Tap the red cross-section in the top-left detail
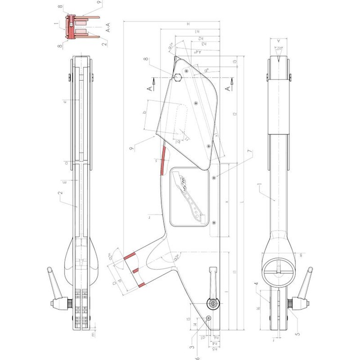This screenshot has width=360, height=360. click(x=71, y=27)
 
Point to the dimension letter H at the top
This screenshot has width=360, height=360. click(x=187, y=23)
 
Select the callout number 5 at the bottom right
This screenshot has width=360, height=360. click(x=297, y=334)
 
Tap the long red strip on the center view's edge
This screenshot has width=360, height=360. click(x=163, y=159)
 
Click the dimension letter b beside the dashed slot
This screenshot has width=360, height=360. click(x=145, y=112)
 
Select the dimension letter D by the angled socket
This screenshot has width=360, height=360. click(x=114, y=283)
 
